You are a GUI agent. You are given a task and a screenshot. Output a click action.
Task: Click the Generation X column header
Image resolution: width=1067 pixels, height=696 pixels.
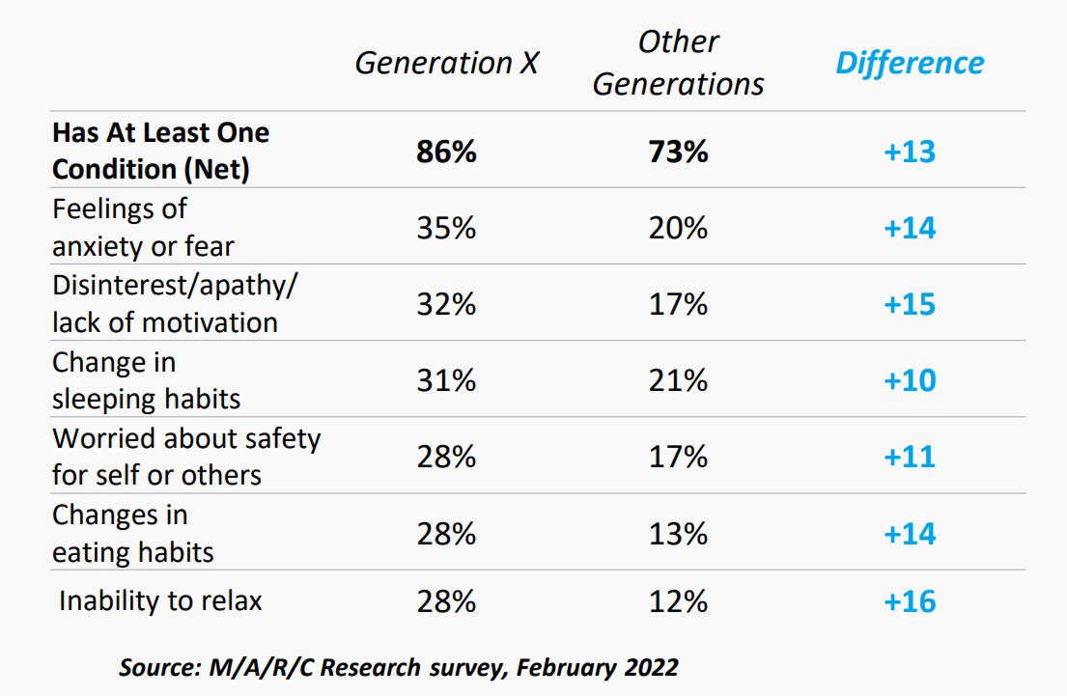(446, 64)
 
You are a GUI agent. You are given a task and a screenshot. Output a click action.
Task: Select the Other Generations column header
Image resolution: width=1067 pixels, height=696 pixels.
(679, 64)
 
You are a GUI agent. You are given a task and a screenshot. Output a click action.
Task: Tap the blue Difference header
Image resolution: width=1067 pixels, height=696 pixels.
(910, 64)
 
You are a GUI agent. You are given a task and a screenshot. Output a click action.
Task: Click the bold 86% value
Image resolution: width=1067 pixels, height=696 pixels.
(446, 151)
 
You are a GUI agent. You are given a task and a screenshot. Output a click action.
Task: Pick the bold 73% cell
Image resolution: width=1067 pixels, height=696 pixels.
(679, 151)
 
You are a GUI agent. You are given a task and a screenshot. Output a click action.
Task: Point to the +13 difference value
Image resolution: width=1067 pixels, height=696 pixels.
(910, 151)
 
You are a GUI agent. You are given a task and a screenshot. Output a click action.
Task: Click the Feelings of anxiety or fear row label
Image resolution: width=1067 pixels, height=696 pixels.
(144, 227)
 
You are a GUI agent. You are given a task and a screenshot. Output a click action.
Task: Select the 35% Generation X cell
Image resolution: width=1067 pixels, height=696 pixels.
(446, 228)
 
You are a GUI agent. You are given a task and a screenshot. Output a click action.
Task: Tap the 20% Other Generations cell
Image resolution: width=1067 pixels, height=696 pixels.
(679, 228)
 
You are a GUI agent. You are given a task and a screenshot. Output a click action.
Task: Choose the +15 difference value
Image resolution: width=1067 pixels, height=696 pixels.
(910, 304)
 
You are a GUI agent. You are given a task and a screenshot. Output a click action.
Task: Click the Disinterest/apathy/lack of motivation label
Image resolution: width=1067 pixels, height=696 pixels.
(175, 303)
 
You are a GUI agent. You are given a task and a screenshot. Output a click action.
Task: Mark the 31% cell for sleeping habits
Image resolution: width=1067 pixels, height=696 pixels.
(446, 380)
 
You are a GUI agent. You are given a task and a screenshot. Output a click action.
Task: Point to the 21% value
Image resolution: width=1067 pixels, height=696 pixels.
(679, 380)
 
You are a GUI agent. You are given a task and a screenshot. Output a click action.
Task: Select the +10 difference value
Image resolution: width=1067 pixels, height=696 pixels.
(910, 380)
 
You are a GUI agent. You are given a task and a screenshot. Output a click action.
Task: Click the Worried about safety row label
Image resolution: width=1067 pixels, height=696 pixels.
(186, 457)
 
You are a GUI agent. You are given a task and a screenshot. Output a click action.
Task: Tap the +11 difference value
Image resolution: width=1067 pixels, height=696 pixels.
(910, 457)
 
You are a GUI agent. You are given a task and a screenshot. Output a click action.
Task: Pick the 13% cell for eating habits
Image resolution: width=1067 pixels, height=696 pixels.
(679, 534)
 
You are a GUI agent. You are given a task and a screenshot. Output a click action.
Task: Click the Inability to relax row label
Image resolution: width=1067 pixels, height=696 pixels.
(160, 600)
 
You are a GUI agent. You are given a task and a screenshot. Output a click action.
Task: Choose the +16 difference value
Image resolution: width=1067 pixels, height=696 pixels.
(910, 601)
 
